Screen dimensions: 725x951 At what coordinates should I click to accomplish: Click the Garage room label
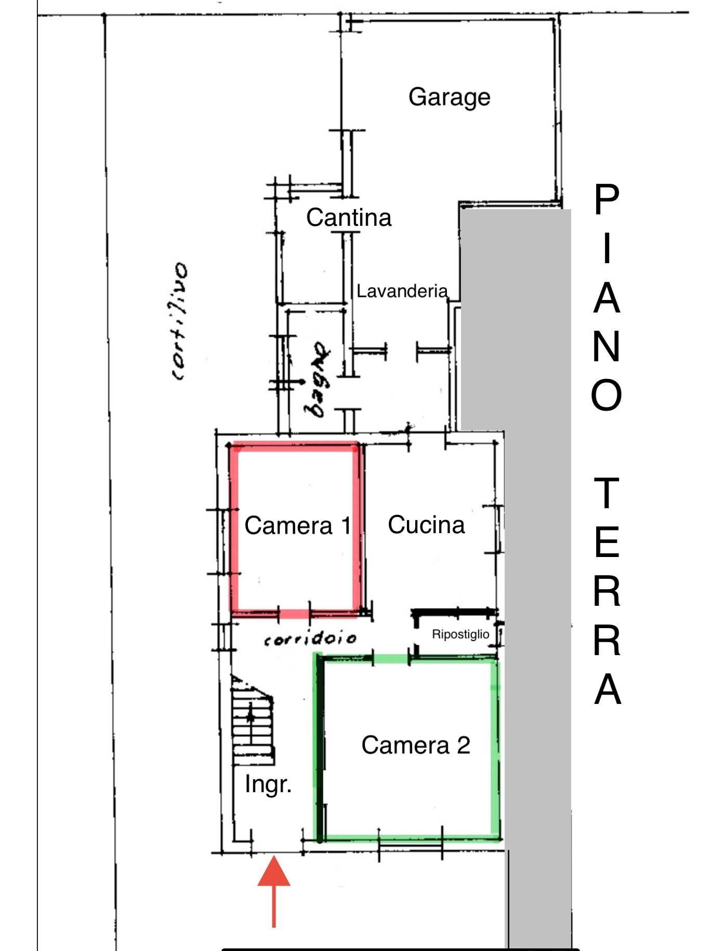tap(450, 98)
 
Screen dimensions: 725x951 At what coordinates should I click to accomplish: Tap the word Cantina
tap(349, 217)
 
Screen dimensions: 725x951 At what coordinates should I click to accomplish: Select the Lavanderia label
tap(402, 291)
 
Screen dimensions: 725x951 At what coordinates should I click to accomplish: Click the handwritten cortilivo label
tap(180, 322)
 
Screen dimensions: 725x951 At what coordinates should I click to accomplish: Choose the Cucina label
tap(426, 525)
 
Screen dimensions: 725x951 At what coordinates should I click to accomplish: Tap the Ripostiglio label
tap(460, 634)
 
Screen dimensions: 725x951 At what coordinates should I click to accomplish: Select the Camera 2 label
tap(416, 745)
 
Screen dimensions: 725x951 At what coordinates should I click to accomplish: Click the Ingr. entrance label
tap(268, 784)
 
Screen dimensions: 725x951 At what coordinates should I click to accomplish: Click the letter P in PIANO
tap(607, 199)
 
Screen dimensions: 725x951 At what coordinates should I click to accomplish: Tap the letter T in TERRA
tap(607, 493)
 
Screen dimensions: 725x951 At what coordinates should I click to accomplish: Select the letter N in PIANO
tap(607, 346)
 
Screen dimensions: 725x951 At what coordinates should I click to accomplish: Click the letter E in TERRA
tap(607, 542)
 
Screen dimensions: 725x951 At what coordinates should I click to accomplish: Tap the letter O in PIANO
tap(607, 395)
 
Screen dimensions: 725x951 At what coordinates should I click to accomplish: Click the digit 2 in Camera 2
tap(464, 745)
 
